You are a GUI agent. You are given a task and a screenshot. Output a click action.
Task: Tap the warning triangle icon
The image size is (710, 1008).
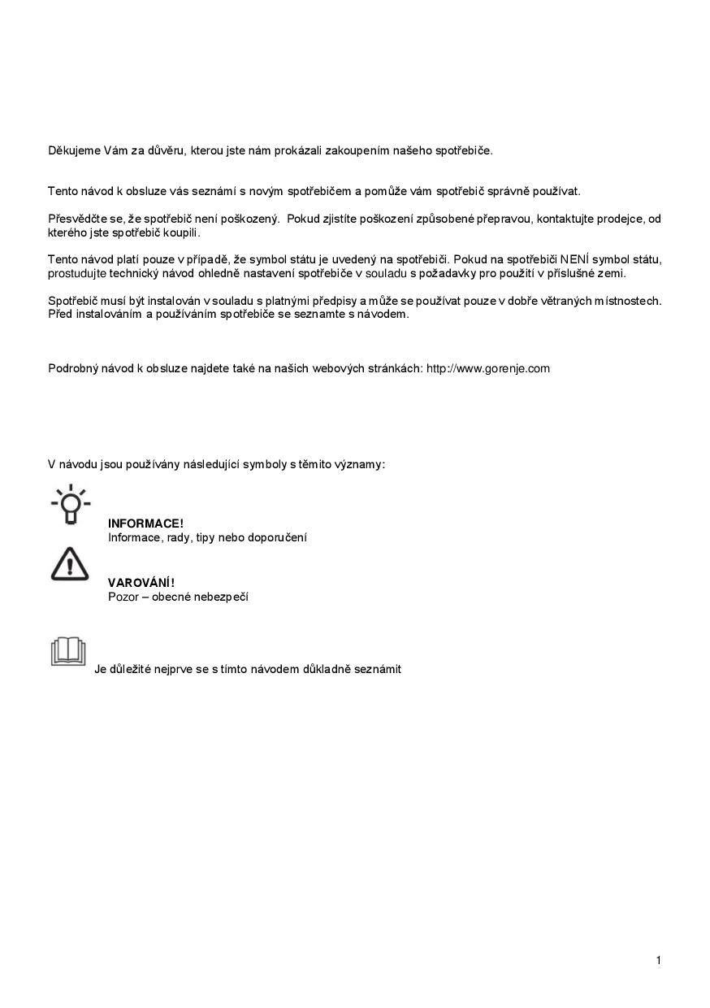coord(70,563)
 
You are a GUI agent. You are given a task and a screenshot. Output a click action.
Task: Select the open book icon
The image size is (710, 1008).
coord(68,652)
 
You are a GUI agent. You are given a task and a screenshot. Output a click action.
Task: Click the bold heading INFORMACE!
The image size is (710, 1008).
coord(145,524)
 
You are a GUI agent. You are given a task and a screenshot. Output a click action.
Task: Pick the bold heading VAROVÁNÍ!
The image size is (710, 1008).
coord(141,582)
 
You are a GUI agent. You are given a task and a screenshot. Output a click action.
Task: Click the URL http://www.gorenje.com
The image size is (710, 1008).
coord(487,368)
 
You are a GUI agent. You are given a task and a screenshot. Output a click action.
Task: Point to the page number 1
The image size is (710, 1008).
coord(658,961)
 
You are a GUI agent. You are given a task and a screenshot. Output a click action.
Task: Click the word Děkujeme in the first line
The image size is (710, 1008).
coord(75,150)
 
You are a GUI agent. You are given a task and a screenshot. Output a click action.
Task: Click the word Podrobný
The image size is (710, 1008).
coord(74,368)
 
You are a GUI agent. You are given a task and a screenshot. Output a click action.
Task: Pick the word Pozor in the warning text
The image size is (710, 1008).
coord(123,597)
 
